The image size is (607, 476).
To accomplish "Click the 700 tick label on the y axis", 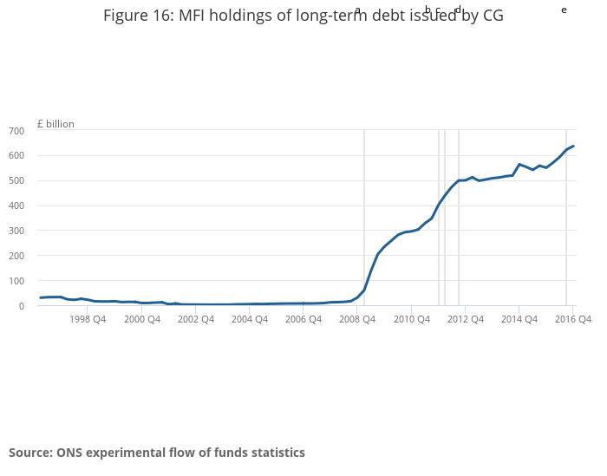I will [16, 131].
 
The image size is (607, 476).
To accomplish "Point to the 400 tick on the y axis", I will [16, 206].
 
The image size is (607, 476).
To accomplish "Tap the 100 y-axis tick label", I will [16, 282].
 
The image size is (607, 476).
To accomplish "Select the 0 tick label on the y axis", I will [20, 306].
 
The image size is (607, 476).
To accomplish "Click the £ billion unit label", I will [55, 124].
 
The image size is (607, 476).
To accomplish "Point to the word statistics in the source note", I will [274, 453].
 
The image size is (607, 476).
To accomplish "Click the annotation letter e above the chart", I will [564, 10].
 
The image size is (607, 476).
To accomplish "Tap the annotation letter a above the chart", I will [357, 10].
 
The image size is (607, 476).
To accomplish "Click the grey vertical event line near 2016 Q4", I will [566, 217].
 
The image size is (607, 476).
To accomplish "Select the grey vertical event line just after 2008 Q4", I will [363, 217].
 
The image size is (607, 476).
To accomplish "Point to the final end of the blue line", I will [573, 146].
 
